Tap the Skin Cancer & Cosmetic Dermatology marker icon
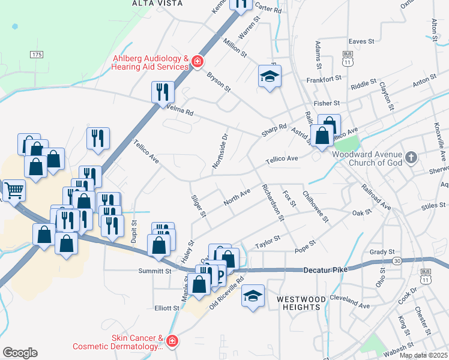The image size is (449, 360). tap(172, 341)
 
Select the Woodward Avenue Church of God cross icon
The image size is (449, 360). tap(411, 158)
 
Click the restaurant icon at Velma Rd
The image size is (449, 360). tap(163, 92)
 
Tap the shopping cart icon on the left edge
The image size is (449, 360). tap(14, 190)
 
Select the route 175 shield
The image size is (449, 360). tap(37, 55)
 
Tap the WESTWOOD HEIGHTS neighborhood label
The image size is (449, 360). tap(301, 303)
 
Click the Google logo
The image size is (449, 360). tap(20, 353)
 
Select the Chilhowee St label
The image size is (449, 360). tap(316, 206)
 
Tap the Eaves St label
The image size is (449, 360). tap(361, 41)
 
